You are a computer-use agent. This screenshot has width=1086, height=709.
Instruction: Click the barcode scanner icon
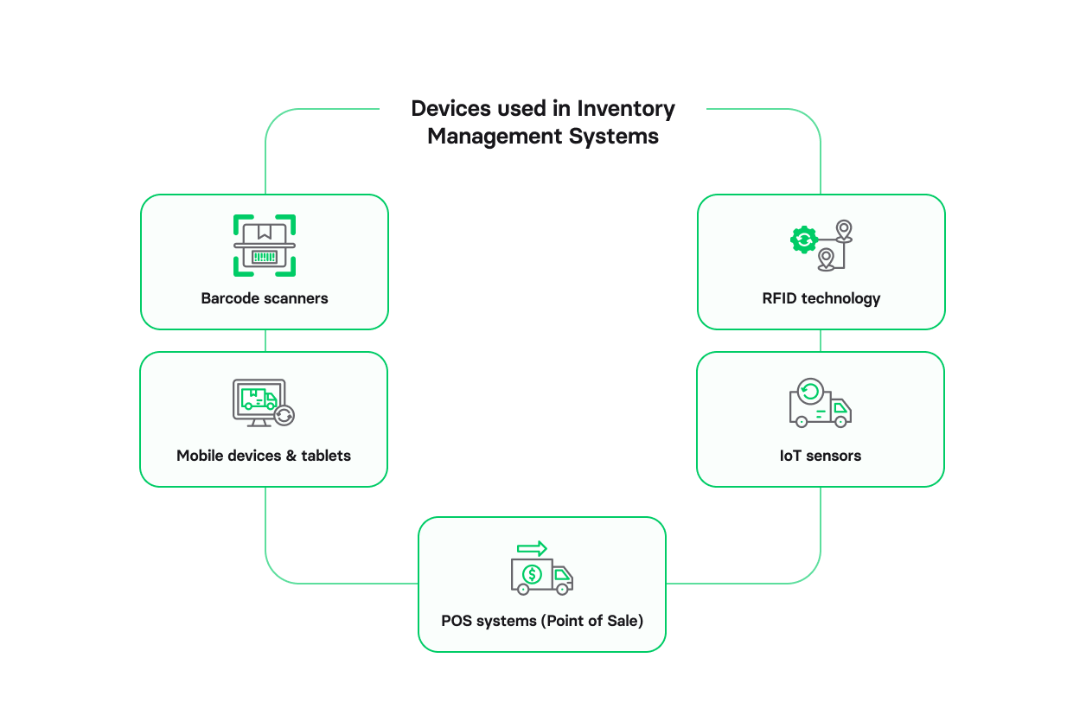click(265, 246)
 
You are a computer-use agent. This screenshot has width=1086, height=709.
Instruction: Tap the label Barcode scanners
click(265, 298)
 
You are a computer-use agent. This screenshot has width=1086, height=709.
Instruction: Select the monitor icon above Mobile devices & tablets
click(259, 401)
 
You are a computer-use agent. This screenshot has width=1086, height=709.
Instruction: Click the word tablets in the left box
click(326, 456)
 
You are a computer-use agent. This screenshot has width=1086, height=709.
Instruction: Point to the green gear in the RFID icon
click(804, 240)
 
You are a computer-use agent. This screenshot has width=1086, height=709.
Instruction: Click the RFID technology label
click(821, 298)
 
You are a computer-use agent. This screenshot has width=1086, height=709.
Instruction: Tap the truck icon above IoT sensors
click(820, 403)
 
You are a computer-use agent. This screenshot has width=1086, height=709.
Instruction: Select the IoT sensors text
click(820, 456)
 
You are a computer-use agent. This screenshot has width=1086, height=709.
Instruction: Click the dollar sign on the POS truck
click(532, 573)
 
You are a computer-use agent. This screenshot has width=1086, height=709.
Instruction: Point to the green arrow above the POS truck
click(532, 548)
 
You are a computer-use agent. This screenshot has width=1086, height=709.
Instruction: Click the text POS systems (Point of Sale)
click(542, 621)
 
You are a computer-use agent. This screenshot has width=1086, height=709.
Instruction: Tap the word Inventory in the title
click(626, 109)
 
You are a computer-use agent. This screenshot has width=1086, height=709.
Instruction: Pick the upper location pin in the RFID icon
click(844, 230)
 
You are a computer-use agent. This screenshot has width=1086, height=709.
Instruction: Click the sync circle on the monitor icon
click(284, 416)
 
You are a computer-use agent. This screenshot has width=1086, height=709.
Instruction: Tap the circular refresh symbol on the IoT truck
click(810, 392)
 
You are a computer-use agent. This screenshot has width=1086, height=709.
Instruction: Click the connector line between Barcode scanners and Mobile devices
click(265, 341)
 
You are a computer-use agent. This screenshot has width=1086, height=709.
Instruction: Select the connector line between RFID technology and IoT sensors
click(821, 341)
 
